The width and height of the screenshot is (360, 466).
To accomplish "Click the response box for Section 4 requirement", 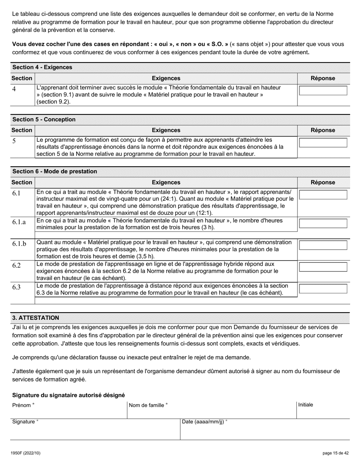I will tap(323, 91).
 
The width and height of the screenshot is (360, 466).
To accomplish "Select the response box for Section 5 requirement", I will tap(323, 143).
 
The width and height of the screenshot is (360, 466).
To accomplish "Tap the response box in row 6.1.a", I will tap(323, 223).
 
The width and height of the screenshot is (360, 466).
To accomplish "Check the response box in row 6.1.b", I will tap(323, 245).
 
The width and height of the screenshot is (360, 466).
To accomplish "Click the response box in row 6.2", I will tap(323, 267).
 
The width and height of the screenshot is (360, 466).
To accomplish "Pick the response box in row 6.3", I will tap(323, 289).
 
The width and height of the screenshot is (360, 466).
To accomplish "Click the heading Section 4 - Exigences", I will tap(42, 67).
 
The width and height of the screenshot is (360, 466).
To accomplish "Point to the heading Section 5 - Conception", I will tap(44, 119).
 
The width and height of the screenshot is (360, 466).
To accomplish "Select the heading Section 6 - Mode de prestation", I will tap(55, 171).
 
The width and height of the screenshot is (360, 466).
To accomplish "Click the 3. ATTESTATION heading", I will tap(36, 317).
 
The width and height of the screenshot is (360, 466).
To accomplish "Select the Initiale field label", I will tap(305, 405).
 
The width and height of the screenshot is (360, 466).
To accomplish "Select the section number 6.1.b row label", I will tap(19, 244).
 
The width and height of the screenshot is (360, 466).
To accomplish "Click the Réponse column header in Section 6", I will tap(323, 182).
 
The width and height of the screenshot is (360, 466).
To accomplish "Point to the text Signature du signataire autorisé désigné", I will tap(68, 395).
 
